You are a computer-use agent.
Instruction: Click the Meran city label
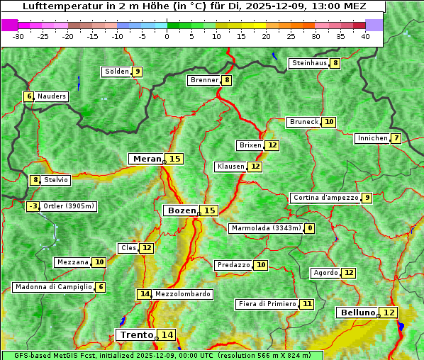(x=147, y=159)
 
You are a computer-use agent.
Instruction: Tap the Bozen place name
(x=181, y=210)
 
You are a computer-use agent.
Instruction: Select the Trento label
(x=137, y=334)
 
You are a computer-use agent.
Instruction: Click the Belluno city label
(x=357, y=313)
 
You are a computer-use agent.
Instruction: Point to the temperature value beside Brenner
(x=226, y=80)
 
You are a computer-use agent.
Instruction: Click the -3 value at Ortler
(x=33, y=206)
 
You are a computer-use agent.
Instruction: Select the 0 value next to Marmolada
(x=310, y=228)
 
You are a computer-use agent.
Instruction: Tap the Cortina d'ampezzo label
(x=325, y=198)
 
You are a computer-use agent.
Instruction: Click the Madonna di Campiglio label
(x=53, y=287)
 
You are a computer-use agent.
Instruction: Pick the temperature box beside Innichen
(x=396, y=138)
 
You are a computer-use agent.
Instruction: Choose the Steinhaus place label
(x=309, y=63)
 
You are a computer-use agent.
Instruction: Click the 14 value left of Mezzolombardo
(x=144, y=293)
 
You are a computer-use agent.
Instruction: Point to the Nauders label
(x=52, y=96)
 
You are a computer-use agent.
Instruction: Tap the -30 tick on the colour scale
(x=18, y=35)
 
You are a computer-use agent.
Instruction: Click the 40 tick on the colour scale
(x=365, y=35)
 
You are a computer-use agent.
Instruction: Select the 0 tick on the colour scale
(x=167, y=35)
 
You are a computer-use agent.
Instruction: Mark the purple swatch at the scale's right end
(x=374, y=25)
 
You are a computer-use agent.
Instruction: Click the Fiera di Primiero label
(x=267, y=304)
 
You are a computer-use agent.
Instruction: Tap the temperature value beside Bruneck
(x=328, y=122)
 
